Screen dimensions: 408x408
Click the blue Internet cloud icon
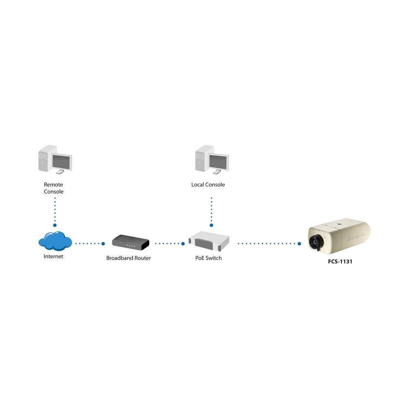tap(55, 241)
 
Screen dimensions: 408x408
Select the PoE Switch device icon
tap(209, 241)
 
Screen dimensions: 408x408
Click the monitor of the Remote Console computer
tap(62, 162)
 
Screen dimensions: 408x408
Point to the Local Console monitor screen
tap(218, 162)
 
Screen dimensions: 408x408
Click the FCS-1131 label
tap(340, 262)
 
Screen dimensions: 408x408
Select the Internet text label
tap(53, 257)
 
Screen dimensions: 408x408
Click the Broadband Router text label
tap(129, 258)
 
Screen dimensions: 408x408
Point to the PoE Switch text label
tap(208, 258)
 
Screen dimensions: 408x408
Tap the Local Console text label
tap(208, 185)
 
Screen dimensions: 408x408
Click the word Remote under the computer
tap(53, 185)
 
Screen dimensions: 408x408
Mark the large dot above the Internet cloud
tap(55, 225)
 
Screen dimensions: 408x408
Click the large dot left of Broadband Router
tap(103, 244)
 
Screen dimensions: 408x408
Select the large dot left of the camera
tap(299, 244)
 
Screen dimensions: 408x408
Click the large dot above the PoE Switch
tap(211, 225)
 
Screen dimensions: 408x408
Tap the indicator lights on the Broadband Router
tap(131, 246)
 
